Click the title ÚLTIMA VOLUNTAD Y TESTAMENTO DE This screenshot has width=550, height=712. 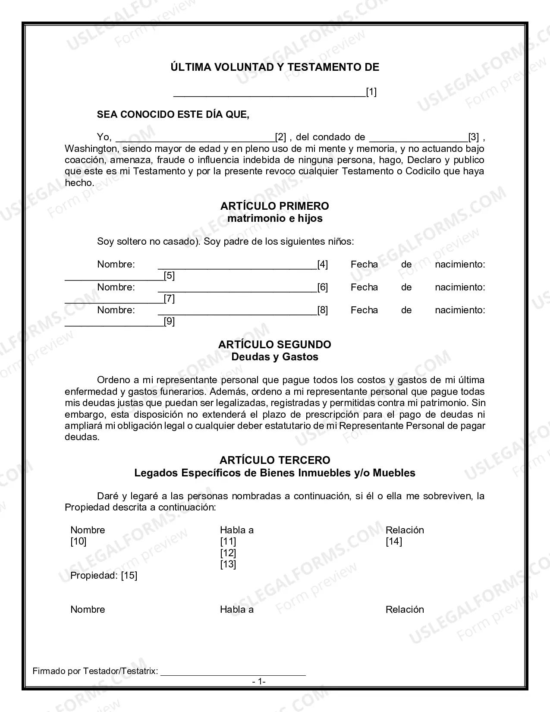coord(275,67)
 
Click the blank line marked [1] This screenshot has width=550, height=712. coord(269,92)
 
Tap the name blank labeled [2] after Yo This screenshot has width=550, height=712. coord(195,138)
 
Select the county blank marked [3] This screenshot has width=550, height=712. coord(418,138)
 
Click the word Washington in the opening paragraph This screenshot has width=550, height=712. coord(88,149)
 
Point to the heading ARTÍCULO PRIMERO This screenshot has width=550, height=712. coord(275,206)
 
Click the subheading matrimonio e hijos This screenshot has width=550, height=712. coord(275,218)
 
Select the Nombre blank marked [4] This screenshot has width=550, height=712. coord(237,265)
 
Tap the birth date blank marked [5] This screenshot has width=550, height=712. coord(114,276)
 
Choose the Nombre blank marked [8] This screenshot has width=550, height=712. coord(237,311)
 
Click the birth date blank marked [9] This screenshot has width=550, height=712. coord(114,322)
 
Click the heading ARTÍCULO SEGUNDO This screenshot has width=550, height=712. coord(275,344)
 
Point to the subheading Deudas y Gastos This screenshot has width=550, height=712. coord(275,357)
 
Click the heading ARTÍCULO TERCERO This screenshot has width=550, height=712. coord(275,460)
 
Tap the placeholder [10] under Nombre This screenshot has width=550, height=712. coord(79,542)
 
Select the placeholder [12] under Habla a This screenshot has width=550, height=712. coord(228,553)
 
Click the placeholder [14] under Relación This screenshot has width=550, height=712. coord(393,542)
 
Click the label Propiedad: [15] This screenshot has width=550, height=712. coord(104,576)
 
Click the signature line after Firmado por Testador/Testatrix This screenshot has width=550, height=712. coord(233,671)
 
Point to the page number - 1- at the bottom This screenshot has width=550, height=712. coord(259,682)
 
